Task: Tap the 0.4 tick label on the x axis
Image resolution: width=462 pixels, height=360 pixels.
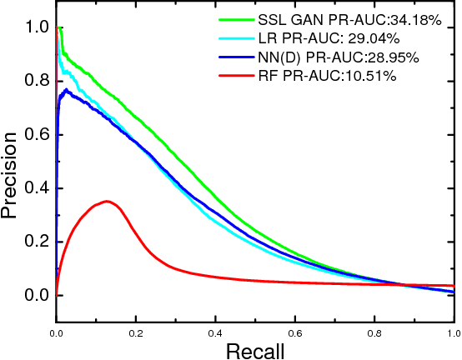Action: (x=215, y=332)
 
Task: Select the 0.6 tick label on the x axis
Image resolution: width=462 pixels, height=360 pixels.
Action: (x=294, y=332)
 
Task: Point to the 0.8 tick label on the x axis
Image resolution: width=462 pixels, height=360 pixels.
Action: (x=374, y=332)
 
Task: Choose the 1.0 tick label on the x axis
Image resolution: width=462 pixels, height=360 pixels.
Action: (x=451, y=332)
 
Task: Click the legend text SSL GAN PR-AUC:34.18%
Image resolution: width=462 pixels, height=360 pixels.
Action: (x=348, y=18)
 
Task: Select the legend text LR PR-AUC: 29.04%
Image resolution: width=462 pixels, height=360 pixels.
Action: (x=341, y=37)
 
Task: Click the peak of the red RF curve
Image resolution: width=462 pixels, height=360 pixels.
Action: (x=106, y=201)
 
